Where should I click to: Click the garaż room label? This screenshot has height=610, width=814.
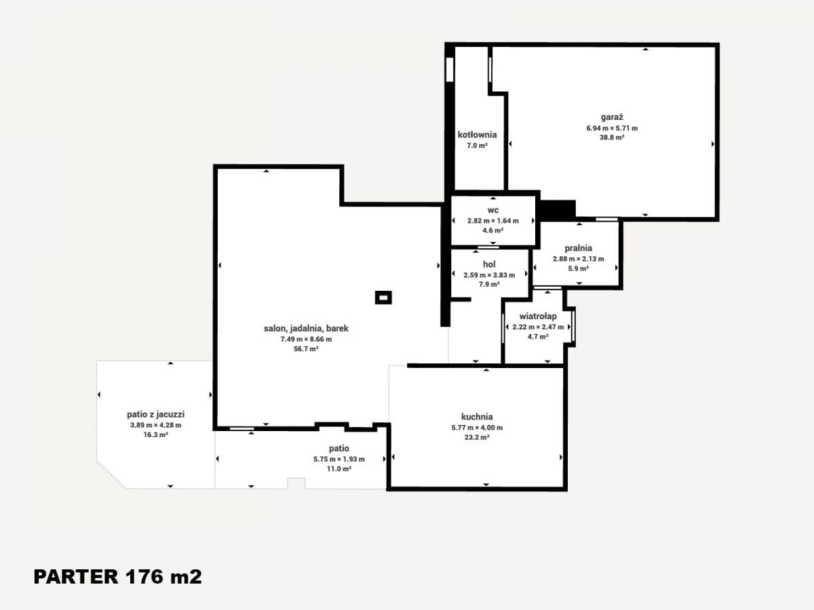point(612,117)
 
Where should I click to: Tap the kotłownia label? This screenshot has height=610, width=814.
point(477,135)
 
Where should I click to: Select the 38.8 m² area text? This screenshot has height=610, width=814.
point(612,138)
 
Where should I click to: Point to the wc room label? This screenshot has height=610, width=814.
point(493,210)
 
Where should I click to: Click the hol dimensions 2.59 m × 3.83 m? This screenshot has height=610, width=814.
point(489,275)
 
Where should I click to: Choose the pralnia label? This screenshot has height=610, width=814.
point(578,248)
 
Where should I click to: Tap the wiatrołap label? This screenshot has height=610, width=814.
point(538,317)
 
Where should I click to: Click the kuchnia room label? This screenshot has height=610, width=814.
point(477,417)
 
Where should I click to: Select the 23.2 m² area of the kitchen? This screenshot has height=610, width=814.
point(477,437)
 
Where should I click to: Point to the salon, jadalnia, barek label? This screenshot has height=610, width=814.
point(306,329)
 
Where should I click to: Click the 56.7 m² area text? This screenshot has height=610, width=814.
point(306,349)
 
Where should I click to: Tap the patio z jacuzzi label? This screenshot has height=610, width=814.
point(156,414)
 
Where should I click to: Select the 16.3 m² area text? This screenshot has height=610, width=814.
point(156,435)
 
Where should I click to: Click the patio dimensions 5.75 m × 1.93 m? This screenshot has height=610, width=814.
point(339,460)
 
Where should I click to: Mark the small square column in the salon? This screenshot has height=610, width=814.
point(383,298)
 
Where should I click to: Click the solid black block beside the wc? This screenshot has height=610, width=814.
point(558,210)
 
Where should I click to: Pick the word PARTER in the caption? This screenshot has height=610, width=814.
point(76,577)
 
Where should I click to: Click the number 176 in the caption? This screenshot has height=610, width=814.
point(144,577)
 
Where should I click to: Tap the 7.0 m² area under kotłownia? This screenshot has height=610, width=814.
point(477,146)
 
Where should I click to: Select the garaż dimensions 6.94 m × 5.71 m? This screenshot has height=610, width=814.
point(612,129)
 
